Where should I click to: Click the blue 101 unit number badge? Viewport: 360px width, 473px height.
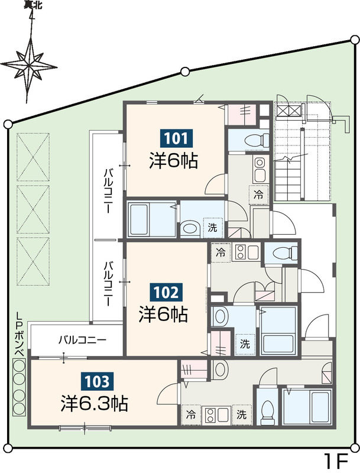pos(176,140)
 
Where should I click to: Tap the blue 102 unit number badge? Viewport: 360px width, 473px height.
pos(166,291)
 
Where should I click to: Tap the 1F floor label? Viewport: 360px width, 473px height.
pos(338,460)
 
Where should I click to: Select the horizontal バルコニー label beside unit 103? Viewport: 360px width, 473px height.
pos(82,340)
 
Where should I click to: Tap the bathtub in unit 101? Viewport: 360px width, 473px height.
pos(150,220)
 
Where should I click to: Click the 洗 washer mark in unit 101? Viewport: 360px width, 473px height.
pos(212,225)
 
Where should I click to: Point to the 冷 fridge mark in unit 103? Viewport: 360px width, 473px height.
pos(192,414)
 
